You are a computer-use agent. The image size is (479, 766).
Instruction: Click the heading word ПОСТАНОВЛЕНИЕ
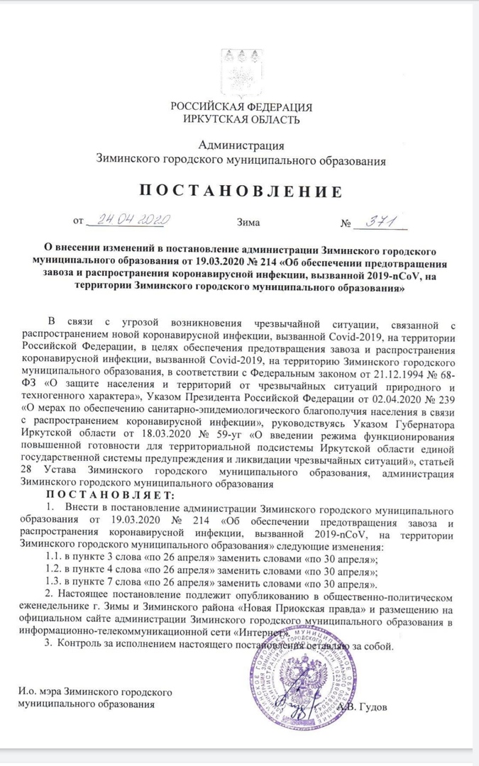pyautogui.click(x=241, y=191)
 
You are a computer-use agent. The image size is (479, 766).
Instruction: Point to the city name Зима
pyautogui.click(x=248, y=223)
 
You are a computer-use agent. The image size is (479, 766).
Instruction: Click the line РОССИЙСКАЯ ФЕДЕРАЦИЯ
pyautogui.click(x=241, y=106)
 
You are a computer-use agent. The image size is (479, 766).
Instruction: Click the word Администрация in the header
pyautogui.click(x=241, y=145)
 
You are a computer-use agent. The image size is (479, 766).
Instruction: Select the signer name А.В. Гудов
pyautogui.click(x=363, y=706)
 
